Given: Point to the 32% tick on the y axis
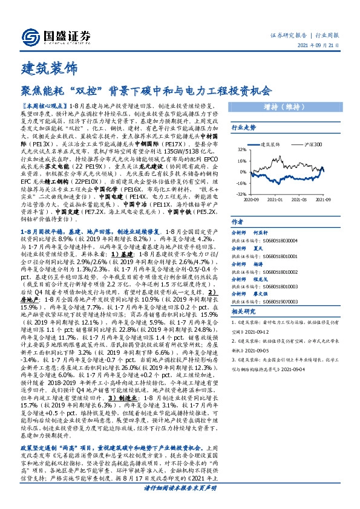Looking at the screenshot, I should pos(241,150).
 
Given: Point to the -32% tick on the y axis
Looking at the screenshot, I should pos(240,194).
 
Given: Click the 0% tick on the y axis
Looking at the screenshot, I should pos(242,172).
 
